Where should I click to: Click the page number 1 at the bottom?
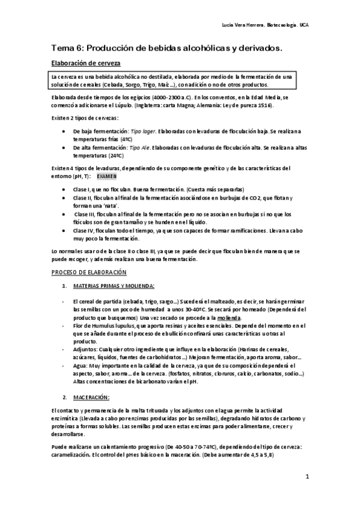point(307,477)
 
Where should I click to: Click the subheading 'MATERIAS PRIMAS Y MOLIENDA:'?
point(113,285)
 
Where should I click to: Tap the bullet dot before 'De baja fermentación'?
point(64,131)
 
